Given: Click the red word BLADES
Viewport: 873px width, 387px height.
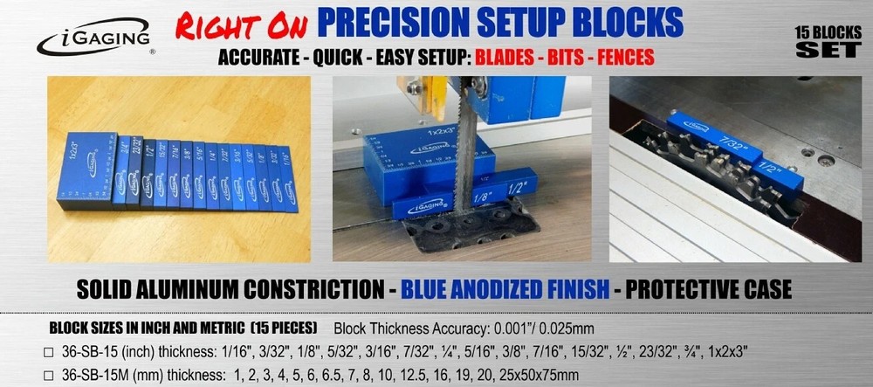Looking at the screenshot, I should (503, 59).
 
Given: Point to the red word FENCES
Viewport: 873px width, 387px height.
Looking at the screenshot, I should (621, 59).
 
